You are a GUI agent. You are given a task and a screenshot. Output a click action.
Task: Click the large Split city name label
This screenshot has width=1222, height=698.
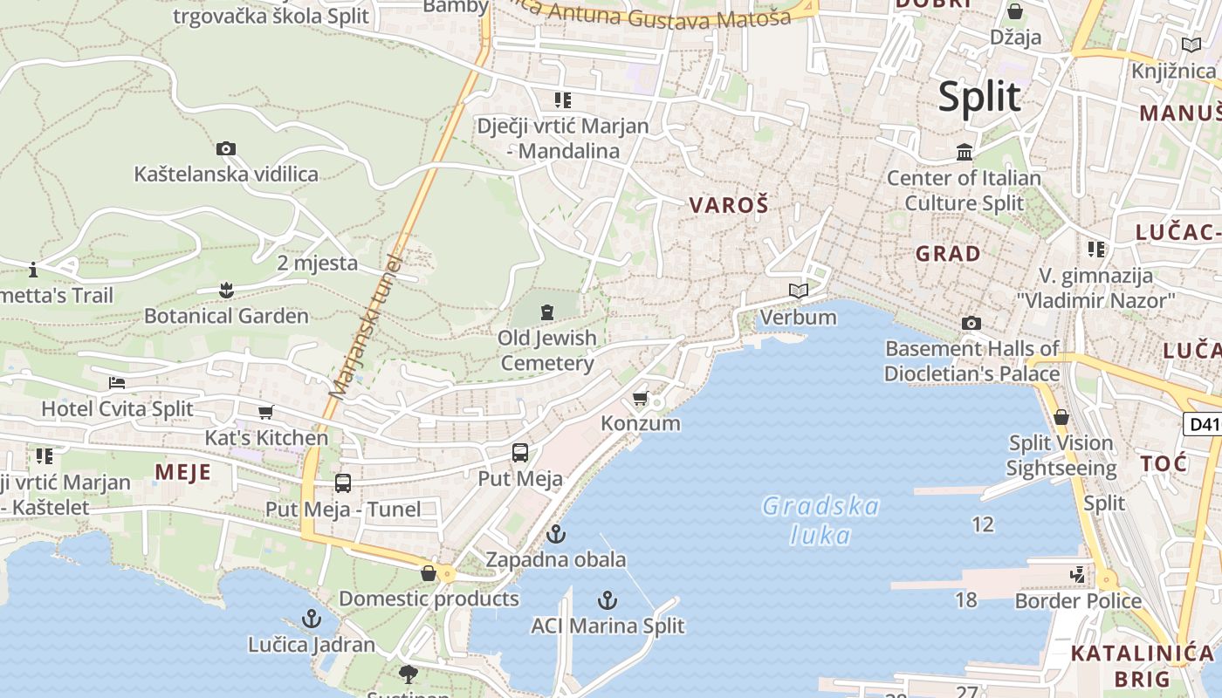point(979,96)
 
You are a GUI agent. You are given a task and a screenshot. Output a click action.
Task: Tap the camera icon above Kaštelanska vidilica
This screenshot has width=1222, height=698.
point(226,149)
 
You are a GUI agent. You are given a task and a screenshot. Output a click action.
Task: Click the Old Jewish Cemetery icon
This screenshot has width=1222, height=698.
point(547,311)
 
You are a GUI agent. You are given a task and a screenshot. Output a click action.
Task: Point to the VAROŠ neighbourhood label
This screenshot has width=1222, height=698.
point(729,205)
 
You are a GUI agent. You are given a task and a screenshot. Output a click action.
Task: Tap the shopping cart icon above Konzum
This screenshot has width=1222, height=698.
point(640,399)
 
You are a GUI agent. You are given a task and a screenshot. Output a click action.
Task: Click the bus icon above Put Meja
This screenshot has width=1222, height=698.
point(520,453)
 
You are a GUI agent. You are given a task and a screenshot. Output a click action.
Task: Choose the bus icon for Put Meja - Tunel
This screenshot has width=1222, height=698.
point(343,483)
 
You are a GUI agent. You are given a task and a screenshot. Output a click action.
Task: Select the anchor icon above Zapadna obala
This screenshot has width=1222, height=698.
point(556,534)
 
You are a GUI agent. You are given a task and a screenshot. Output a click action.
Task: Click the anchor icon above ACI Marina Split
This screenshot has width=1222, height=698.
point(608,600)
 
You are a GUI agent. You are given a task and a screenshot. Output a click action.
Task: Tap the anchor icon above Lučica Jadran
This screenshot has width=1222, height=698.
point(312,619)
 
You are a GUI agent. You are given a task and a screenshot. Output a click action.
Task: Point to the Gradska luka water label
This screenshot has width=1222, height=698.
point(820,520)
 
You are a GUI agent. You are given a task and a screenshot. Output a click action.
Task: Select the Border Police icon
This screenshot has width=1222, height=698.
point(1079,575)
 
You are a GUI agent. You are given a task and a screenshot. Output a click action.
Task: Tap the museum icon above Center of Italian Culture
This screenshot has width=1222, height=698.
point(965,153)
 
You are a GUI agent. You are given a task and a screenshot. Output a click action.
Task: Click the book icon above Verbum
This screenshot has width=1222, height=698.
point(799,291)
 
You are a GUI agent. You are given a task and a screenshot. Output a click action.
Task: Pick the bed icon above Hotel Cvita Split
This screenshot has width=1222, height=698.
point(117,383)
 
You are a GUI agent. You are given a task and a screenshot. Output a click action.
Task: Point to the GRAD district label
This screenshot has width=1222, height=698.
point(948,254)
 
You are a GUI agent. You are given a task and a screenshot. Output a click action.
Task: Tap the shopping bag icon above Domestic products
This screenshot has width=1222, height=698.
point(429,573)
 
